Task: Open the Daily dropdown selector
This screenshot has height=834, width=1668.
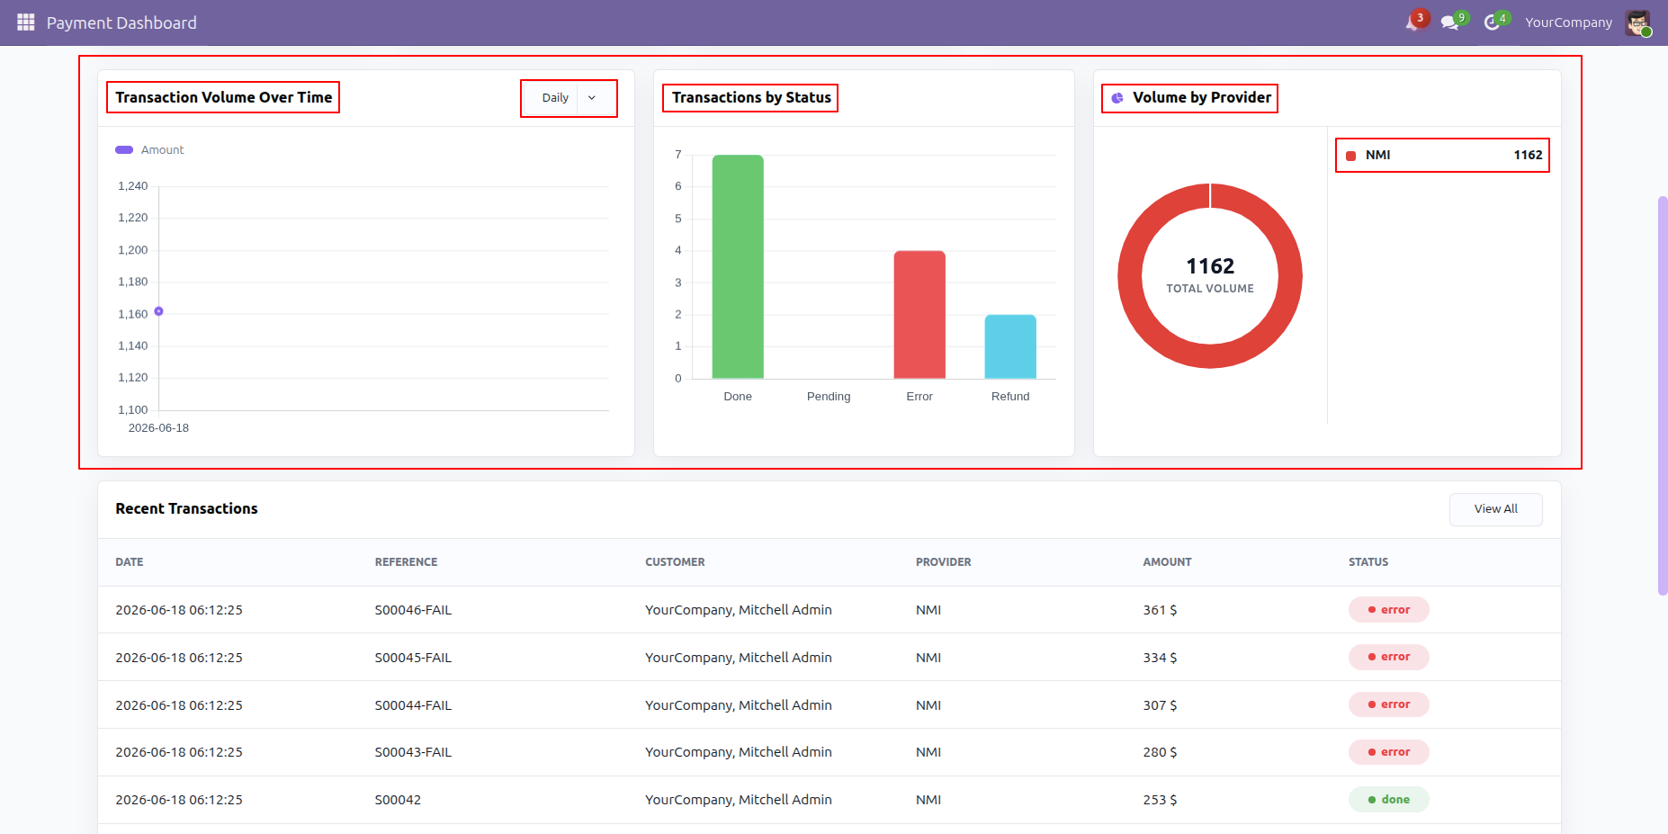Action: tap(569, 98)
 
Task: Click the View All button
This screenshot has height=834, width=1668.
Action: tap(1495, 509)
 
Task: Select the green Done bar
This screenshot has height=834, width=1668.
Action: tap(738, 266)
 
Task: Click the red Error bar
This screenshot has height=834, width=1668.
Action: tap(919, 315)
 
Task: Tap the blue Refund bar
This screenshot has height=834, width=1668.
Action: tap(1010, 346)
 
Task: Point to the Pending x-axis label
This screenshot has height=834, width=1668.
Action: tap(829, 397)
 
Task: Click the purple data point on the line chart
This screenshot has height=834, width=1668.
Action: tap(158, 311)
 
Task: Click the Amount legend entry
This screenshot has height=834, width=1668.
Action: tap(149, 150)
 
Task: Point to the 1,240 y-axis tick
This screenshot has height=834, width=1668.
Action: tap(133, 186)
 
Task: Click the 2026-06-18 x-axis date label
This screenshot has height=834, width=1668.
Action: tap(158, 428)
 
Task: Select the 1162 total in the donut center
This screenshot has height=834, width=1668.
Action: tap(1210, 266)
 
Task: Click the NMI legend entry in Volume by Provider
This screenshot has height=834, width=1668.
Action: tap(1442, 156)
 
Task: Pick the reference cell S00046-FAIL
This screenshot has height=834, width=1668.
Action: tap(413, 610)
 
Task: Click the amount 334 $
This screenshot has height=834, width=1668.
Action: tap(1160, 658)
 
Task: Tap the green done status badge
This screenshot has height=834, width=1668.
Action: tap(1388, 800)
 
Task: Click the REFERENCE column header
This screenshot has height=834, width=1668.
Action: tap(406, 562)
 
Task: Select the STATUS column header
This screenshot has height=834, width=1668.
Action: tap(1368, 562)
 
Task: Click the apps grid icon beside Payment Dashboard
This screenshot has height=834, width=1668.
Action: tap(25, 22)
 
